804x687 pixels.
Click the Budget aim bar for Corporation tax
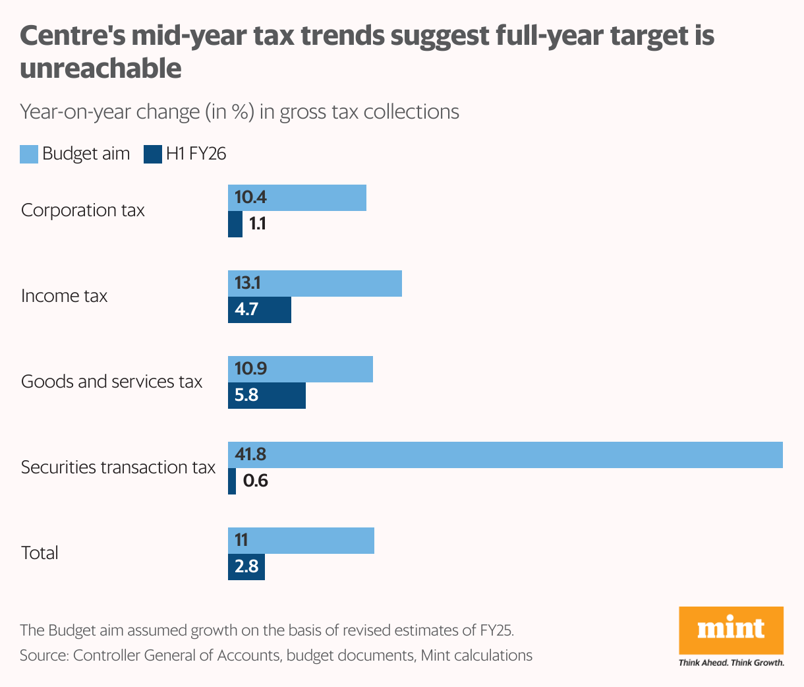[x=297, y=198]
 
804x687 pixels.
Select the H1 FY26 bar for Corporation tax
[x=235, y=224]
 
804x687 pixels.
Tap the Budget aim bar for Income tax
[x=314, y=284]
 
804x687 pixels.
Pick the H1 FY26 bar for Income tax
[x=260, y=310]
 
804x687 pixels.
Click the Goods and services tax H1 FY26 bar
[x=267, y=396]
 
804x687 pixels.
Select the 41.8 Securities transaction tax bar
[x=505, y=455]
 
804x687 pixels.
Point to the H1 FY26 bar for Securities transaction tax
[x=232, y=481]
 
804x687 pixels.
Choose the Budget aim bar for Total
[x=301, y=541]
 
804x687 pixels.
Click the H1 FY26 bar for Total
[x=246, y=567]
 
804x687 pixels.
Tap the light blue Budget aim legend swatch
[x=29, y=154]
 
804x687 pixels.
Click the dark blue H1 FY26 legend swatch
[x=153, y=154]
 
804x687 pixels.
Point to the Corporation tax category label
[x=83, y=210]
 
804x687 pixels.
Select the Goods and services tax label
[x=111, y=382]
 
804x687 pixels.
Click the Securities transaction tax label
[x=118, y=467]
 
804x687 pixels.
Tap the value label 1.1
[x=258, y=224]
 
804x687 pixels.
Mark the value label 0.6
[x=256, y=481]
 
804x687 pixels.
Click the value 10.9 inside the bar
[x=250, y=369]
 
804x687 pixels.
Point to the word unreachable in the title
[x=101, y=69]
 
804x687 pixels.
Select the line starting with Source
[x=275, y=655]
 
